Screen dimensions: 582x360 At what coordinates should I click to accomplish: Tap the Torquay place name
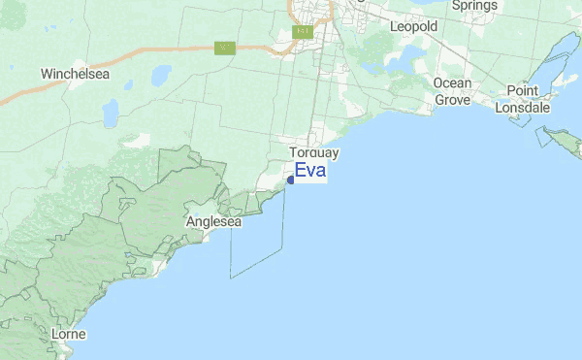click(x=314, y=153)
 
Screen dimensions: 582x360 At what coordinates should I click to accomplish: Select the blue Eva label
click(x=310, y=172)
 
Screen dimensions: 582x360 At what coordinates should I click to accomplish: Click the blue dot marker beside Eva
click(x=290, y=180)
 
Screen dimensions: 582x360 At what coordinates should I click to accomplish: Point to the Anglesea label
click(x=212, y=222)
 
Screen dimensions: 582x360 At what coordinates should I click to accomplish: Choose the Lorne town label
click(x=69, y=335)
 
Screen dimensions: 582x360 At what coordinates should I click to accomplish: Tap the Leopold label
click(x=414, y=27)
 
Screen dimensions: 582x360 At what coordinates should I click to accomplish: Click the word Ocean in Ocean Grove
click(x=453, y=83)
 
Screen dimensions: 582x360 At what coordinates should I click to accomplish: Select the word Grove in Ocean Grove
click(x=451, y=99)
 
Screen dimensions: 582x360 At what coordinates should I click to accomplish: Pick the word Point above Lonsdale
click(x=523, y=90)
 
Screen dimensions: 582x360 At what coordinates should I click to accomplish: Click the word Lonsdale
click(x=523, y=108)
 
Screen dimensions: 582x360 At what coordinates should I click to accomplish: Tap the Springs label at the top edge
click(x=474, y=5)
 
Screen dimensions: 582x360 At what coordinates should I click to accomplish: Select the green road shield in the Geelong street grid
click(x=302, y=32)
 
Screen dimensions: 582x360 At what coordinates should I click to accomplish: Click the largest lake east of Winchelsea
click(x=160, y=76)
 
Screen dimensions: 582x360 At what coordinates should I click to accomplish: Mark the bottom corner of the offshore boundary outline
click(x=231, y=278)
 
